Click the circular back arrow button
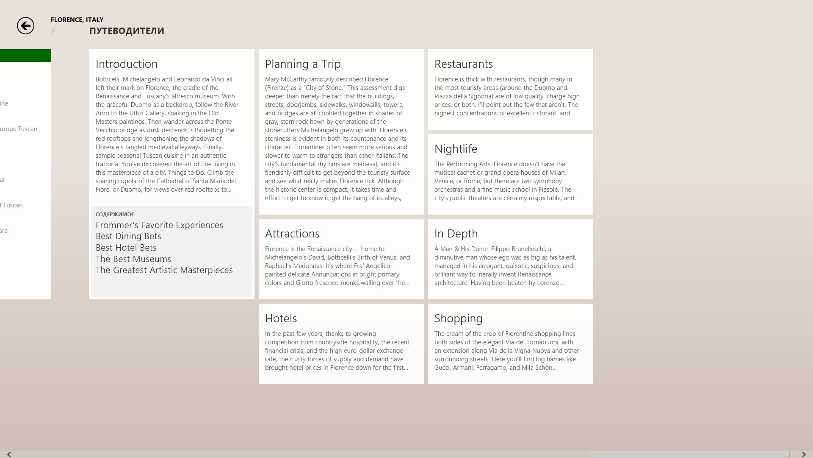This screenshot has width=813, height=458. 25,26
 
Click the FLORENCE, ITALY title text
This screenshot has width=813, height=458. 77,20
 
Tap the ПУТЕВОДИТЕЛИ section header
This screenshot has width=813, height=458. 127,31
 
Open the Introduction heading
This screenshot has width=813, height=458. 127,64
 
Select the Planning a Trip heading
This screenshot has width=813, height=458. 303,64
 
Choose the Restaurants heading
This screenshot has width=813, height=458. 463,64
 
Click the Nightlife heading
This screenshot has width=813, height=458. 456,149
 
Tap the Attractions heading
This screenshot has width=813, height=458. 292,234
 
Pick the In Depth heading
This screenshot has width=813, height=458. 456,234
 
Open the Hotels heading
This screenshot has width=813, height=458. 281,318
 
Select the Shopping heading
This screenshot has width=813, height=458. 458,318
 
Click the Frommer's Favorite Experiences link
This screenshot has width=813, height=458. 159,225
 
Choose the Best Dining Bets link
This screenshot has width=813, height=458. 128,236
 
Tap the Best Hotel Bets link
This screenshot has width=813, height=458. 126,248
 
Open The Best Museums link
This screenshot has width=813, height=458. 133,259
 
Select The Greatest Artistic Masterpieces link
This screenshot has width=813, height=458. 164,270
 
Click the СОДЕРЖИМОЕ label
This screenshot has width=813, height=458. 115,215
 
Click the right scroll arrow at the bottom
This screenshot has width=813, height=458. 804,454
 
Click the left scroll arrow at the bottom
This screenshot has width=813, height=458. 9,454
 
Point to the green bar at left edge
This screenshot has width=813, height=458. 25,56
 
